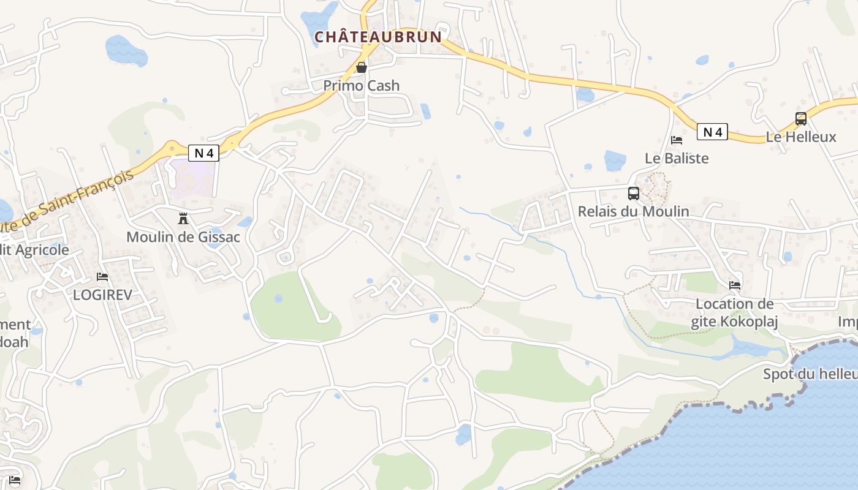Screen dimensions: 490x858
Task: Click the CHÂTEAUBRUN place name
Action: click(378, 37)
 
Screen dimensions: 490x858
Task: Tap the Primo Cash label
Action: click(362, 86)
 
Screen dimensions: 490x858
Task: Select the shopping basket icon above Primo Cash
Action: click(362, 67)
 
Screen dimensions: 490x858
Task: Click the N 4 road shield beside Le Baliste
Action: click(712, 132)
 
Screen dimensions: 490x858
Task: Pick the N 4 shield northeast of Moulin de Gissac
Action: click(203, 153)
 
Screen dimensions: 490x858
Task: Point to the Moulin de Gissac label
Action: click(183, 236)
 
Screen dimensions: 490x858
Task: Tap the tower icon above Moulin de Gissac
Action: click(183, 218)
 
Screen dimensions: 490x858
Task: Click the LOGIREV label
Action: click(102, 295)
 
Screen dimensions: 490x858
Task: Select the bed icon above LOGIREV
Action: click(102, 277)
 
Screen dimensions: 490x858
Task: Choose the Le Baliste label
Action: click(677, 158)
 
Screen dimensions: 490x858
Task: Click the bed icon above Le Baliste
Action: click(677, 140)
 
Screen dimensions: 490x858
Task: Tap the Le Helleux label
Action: click(801, 137)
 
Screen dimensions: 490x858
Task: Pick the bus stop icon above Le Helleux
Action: click(801, 119)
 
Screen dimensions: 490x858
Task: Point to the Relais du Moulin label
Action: click(634, 211)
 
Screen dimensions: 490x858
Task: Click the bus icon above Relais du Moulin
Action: click(634, 194)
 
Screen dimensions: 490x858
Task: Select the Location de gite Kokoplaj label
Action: click(734, 313)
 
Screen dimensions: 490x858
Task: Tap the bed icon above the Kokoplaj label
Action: click(734, 285)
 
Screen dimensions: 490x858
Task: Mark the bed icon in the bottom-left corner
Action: click(15, 480)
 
